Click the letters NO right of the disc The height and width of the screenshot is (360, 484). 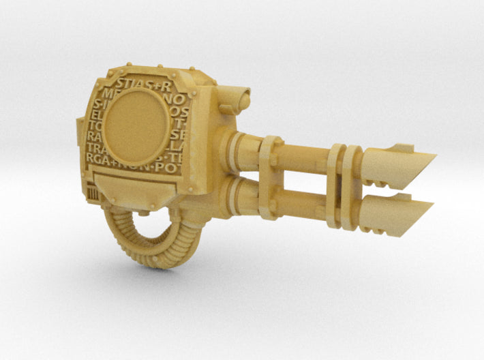[185, 98]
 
